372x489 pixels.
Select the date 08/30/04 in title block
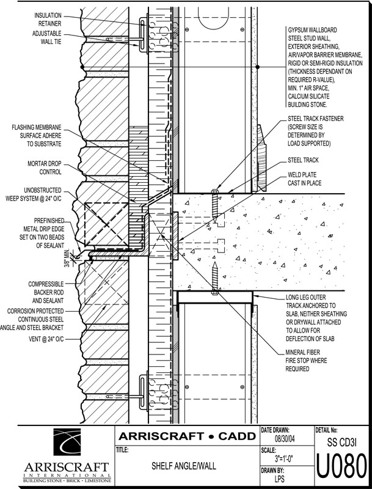284,438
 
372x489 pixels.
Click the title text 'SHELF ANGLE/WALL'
184,466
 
